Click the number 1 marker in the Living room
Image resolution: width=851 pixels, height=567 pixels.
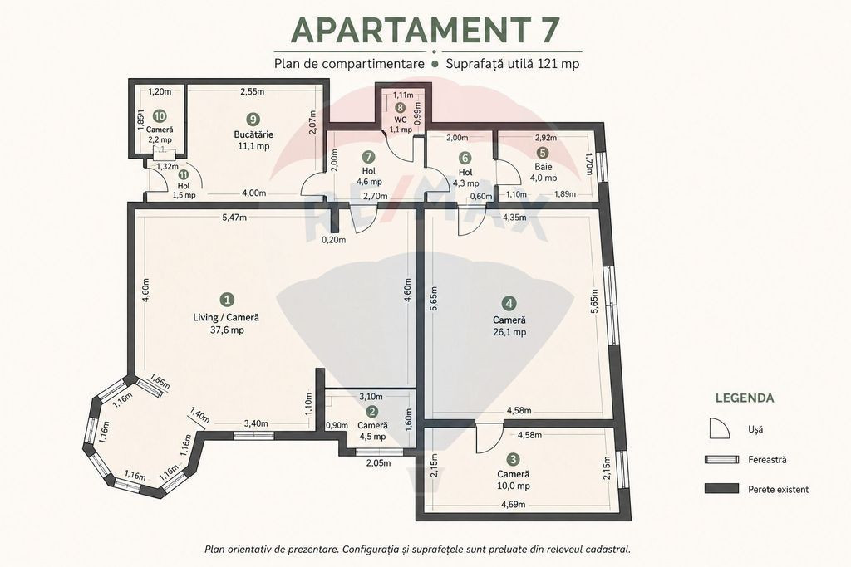point(228,299)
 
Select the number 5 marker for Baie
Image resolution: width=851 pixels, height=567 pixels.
point(542,153)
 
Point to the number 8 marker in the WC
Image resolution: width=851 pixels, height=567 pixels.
point(400,108)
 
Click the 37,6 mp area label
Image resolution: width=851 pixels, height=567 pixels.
point(226,330)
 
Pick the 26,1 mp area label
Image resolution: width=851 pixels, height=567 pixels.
point(509,332)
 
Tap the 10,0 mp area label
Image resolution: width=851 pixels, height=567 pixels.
point(513,486)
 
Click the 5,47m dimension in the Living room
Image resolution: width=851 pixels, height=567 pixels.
point(234,218)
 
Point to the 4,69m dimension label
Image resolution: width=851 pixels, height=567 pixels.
point(513,505)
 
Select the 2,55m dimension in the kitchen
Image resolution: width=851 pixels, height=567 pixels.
point(253,91)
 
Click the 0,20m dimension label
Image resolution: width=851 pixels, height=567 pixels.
point(333,240)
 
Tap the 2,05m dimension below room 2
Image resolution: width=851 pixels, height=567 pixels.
point(378,463)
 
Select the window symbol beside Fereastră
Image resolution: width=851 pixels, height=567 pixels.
point(721,460)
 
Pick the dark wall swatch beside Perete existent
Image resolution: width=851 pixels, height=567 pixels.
point(721,489)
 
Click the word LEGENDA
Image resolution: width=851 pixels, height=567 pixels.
point(745,398)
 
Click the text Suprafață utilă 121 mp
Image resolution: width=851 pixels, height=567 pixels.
point(512,63)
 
